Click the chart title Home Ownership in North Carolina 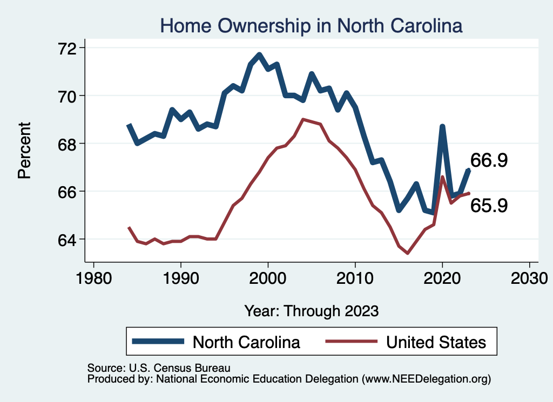tap(312, 26)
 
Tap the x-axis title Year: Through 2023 tap(312, 311)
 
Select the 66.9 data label tap(489, 160)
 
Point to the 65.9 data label tap(489, 206)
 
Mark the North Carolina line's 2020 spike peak tap(442, 127)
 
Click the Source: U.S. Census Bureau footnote tap(159, 368)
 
